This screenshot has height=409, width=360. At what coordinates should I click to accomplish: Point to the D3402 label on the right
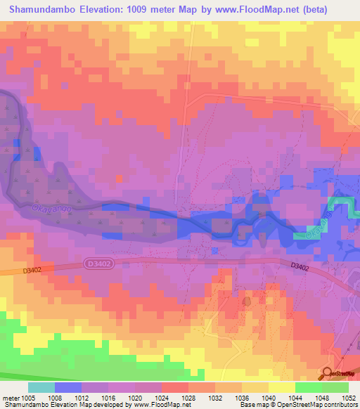coord(300,266)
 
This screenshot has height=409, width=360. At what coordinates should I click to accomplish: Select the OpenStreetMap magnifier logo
coord(327,373)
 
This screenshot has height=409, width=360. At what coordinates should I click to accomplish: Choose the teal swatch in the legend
coord(41,387)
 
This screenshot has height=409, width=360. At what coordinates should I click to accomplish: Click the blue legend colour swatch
coord(68,387)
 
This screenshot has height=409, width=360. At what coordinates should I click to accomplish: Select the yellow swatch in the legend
coord(281,387)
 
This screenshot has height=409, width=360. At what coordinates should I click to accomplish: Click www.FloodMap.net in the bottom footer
coord(161,405)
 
